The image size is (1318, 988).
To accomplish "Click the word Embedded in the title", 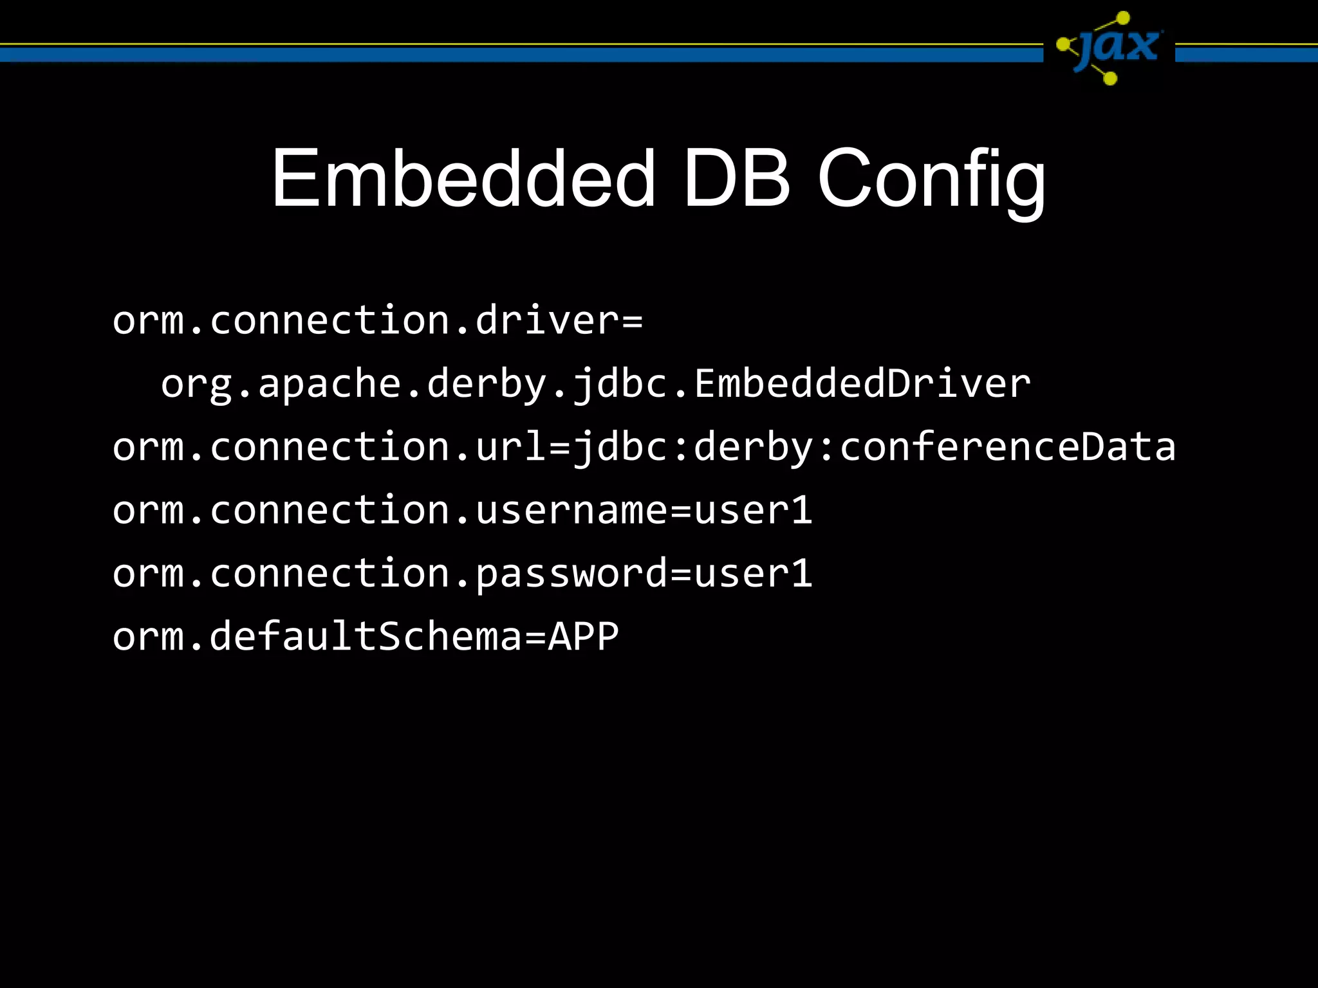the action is (463, 178).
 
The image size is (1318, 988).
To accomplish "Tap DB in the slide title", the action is (736, 178).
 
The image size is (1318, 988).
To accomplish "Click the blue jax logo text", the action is (1120, 46).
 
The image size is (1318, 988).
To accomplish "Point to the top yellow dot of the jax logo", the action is (1123, 18).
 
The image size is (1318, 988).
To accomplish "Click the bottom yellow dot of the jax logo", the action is (1109, 78).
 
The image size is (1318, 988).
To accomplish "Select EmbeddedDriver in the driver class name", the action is (862, 383).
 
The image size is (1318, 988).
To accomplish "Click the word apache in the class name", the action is (330, 383).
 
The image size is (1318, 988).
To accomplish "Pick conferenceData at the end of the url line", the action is (1008, 447).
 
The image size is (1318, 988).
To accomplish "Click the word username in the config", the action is (571, 510).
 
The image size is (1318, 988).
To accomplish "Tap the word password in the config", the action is (571, 573).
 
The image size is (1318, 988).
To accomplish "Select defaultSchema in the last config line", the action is (366, 636).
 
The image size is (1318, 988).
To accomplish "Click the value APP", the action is (583, 636).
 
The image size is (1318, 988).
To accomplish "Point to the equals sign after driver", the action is (632, 320).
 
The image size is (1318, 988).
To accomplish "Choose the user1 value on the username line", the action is (753, 510).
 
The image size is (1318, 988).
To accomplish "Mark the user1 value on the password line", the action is (753, 573).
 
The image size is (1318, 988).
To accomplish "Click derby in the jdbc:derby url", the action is (753, 447).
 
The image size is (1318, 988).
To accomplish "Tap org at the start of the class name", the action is (196, 385).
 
